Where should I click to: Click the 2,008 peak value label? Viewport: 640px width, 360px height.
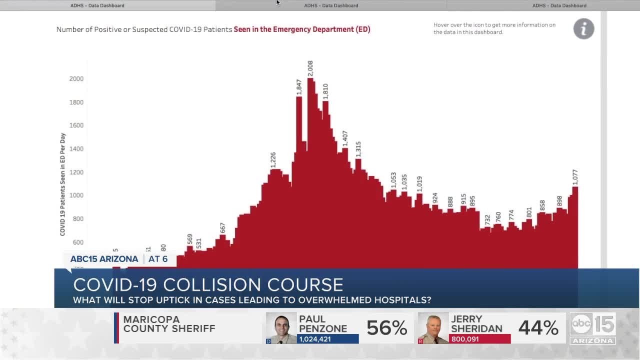310,68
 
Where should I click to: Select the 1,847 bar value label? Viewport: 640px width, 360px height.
299,87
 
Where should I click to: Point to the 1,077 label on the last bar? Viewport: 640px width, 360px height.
575,177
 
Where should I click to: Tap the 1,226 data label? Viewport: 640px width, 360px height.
273,160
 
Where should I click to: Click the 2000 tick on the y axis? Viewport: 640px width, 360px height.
76,79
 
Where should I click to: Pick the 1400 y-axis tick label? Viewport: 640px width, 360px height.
76,149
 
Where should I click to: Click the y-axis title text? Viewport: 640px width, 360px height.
63,184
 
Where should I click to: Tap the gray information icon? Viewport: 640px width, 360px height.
583,29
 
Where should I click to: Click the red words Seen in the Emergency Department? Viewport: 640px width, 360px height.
302,29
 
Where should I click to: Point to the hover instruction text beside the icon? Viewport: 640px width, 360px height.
494,28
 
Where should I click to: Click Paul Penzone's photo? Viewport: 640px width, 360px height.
281,328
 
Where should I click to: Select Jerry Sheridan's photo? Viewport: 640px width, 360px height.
433,328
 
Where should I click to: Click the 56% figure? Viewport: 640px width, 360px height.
386,328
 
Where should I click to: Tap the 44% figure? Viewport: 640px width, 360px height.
538,328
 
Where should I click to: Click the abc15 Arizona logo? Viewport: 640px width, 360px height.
592,328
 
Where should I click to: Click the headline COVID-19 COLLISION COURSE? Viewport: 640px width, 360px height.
208,284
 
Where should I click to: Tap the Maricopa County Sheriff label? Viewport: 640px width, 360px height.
169,324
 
